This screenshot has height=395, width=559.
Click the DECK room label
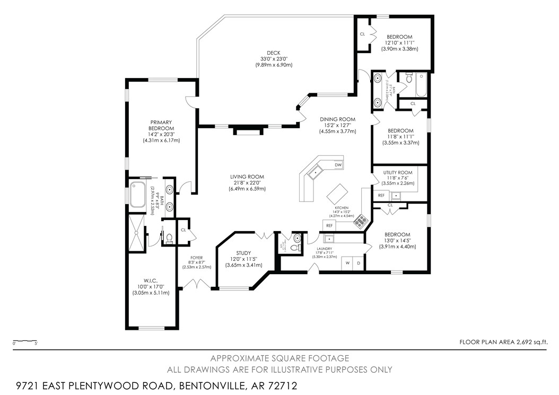pos(273,52)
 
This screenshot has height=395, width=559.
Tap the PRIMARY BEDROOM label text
pos(161,126)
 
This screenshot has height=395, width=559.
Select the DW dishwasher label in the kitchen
pos(338,165)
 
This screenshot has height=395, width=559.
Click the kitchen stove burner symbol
pos(360,221)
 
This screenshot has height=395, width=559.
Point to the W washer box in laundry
pos(348,264)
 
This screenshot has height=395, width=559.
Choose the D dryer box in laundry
pos(359,264)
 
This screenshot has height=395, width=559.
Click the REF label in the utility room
pos(381,196)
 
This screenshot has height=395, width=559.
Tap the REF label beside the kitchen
pos(329,225)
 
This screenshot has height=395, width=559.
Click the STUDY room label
pos(244,253)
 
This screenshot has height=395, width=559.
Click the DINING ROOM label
pos(337,119)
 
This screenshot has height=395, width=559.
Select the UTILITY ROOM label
pos(398,173)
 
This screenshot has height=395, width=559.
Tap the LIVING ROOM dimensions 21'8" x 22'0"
pos(247,183)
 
